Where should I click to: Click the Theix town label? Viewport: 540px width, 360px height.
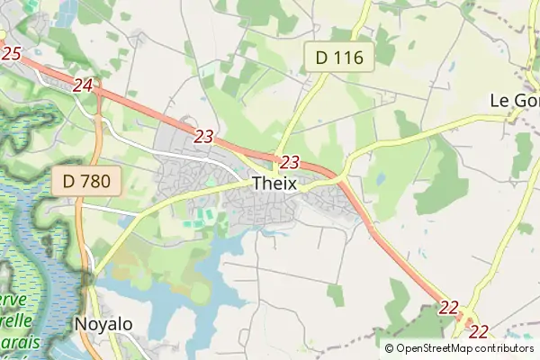pyautogui.click(x=275, y=184)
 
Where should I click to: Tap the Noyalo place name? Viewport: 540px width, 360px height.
pyautogui.click(x=103, y=324)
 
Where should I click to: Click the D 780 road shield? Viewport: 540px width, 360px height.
pyautogui.click(x=86, y=181)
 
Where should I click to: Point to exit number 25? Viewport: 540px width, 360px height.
pyautogui.click(x=11, y=54)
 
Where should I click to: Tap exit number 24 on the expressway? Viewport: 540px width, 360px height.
pyautogui.click(x=83, y=85)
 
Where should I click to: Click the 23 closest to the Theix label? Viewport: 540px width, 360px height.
pyautogui.click(x=289, y=163)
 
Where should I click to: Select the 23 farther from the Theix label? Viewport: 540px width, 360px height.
pyautogui.click(x=204, y=137)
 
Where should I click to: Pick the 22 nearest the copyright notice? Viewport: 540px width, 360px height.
pyautogui.click(x=479, y=331)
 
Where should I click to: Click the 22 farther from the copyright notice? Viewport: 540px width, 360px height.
pyautogui.click(x=449, y=308)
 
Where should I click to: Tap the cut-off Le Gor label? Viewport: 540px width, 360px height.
pyautogui.click(x=514, y=100)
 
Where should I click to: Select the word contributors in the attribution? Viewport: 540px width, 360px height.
pyautogui.click(x=505, y=348)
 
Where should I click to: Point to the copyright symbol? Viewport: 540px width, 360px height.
pyautogui.click(x=390, y=348)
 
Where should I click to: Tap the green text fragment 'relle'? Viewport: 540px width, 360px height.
pyautogui.click(x=18, y=320)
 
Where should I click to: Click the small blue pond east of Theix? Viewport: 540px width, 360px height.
pyautogui.click(x=381, y=179)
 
